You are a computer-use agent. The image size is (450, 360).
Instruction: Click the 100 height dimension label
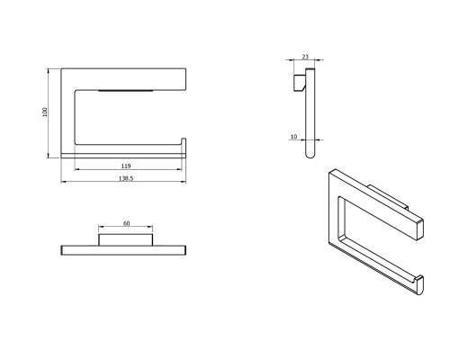pos(45,112)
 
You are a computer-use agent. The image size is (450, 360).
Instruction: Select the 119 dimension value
pos(126,166)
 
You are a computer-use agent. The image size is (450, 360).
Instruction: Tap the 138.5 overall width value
pos(126,178)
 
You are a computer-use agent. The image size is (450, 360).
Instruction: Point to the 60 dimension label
pos(127,223)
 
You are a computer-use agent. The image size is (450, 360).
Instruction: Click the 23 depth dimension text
pos(305,57)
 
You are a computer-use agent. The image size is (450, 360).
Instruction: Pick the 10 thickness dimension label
pos(293,137)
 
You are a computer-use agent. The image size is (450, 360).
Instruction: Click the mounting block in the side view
pos(299,83)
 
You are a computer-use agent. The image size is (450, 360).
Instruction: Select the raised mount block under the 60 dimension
pos(126,240)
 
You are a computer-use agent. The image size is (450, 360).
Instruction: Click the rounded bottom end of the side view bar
pos(310,155)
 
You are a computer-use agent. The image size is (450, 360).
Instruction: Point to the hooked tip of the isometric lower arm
pos(419,284)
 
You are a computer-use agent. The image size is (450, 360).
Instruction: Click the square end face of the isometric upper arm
pos(419,229)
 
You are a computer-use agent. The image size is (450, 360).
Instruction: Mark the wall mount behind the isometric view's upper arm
pos(390,196)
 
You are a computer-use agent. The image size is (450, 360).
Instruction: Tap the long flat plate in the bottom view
pos(123,250)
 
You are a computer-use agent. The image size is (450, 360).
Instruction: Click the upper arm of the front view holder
pos(123,79)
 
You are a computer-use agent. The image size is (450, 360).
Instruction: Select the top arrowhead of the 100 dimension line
pos(48,71)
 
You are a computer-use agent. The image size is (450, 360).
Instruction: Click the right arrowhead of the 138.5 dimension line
pos(184,182)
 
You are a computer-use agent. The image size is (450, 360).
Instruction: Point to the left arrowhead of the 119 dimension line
pos(77,169)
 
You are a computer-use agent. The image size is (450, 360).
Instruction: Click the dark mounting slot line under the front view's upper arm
pos(126,90)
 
